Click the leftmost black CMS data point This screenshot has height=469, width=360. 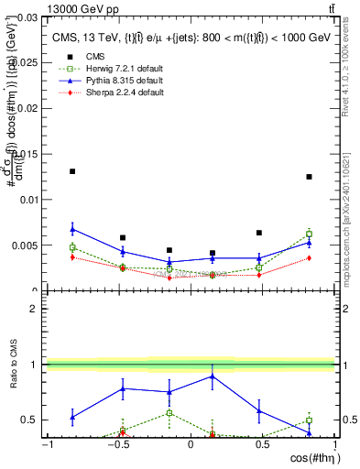(x=72, y=171)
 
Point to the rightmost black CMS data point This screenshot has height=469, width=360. (x=310, y=177)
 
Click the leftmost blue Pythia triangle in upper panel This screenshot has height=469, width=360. (x=72, y=229)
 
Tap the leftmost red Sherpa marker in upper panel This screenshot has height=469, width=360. (x=72, y=257)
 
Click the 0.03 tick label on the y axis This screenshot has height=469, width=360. (x=26, y=17)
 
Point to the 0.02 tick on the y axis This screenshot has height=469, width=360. (x=26, y=108)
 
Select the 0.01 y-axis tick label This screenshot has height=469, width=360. (x=26, y=200)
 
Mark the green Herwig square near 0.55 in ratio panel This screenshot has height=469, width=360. (x=169, y=413)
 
